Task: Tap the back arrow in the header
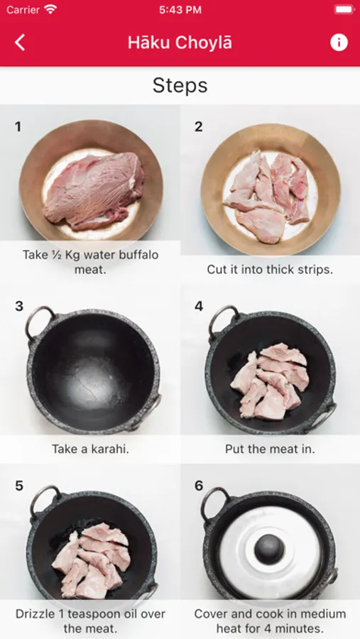click(x=20, y=43)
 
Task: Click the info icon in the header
click(x=339, y=43)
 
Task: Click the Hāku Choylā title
click(x=180, y=43)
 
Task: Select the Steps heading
click(x=180, y=85)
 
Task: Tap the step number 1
click(x=18, y=127)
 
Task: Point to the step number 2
click(x=198, y=127)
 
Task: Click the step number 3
click(x=18, y=307)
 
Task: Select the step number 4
click(x=199, y=307)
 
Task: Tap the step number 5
click(x=18, y=486)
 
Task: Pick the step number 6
click(x=199, y=486)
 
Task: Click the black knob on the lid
click(x=270, y=549)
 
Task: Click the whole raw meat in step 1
click(x=94, y=190)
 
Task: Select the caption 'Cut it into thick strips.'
click(x=270, y=269)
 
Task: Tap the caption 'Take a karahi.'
click(x=90, y=449)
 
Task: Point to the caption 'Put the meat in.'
click(x=270, y=449)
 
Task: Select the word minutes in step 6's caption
click(x=302, y=628)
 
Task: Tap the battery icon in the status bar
click(x=344, y=9)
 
